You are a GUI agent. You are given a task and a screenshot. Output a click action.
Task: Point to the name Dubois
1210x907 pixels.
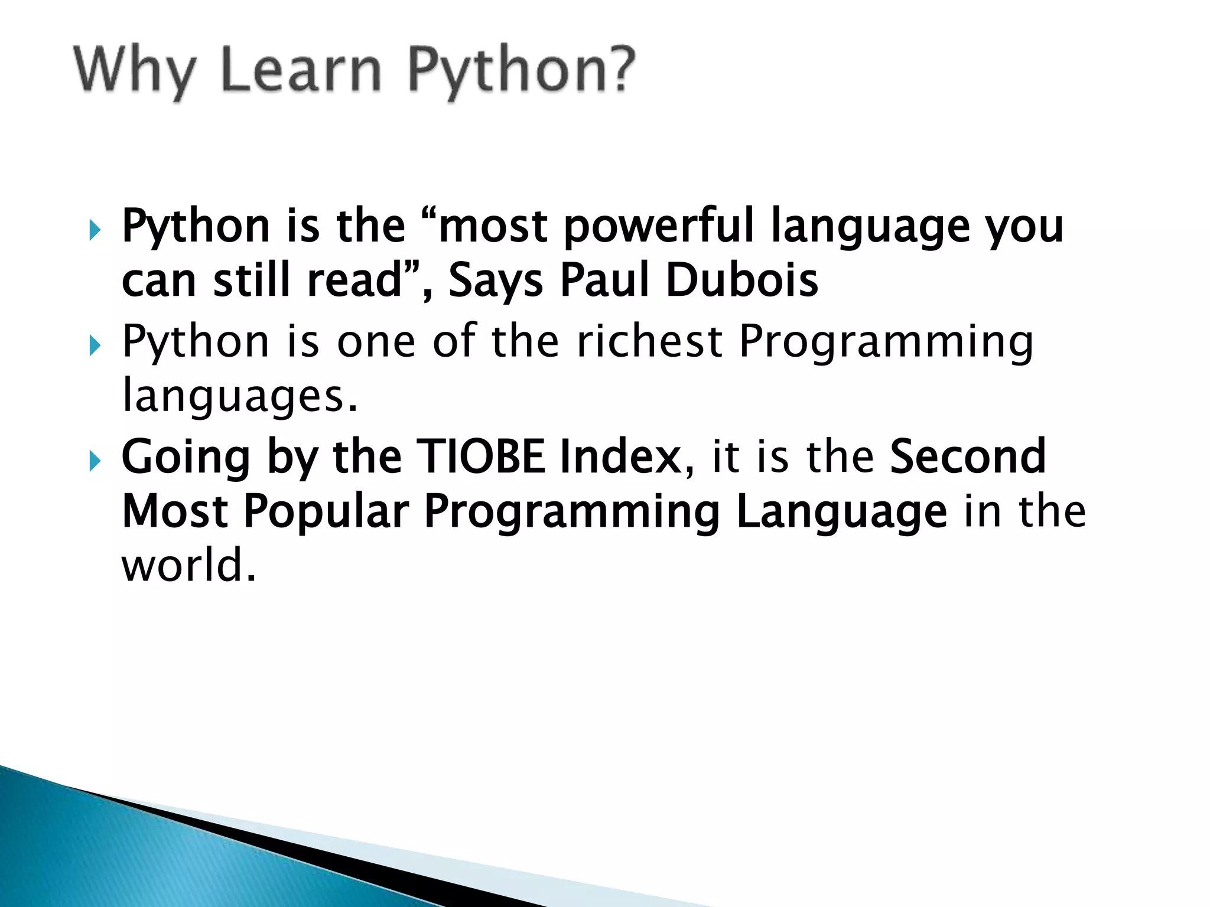(742, 280)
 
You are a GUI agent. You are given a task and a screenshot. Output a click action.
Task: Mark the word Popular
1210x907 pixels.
(326, 511)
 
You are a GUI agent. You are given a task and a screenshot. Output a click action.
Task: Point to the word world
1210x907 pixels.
(188, 565)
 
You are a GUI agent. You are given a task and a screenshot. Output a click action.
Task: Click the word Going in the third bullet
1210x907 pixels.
(186, 457)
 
